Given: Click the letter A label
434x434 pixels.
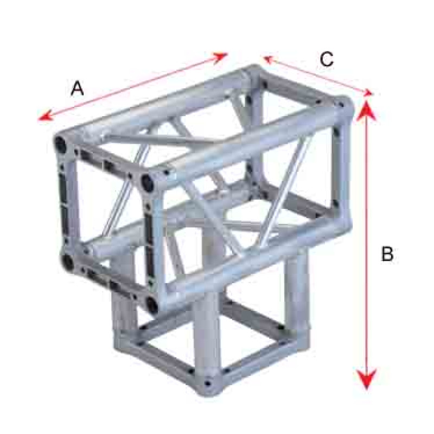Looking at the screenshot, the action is pyautogui.click(x=77, y=88).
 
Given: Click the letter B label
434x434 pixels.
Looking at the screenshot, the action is pyautogui.click(x=387, y=253).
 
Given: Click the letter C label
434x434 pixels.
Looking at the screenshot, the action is pyautogui.click(x=327, y=59).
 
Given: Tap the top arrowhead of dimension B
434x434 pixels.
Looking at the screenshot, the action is pyautogui.click(x=366, y=111).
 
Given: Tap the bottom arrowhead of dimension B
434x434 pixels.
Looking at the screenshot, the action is pyautogui.click(x=367, y=378).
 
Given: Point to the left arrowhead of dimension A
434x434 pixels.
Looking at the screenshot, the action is pyautogui.click(x=45, y=117).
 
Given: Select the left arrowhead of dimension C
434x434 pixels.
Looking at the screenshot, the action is pyautogui.click(x=268, y=59).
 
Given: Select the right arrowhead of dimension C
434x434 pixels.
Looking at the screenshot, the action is pyautogui.click(x=368, y=93).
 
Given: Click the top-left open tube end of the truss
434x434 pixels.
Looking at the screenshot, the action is pyautogui.click(x=60, y=143).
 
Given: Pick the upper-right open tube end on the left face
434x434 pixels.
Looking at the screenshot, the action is pyautogui.click(x=147, y=182).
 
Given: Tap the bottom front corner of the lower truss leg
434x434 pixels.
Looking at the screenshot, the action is pyautogui.click(x=207, y=384).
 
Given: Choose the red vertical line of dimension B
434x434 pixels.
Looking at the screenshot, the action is pyautogui.click(x=367, y=245).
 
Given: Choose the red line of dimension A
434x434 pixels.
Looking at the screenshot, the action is pyautogui.click(x=133, y=87).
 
